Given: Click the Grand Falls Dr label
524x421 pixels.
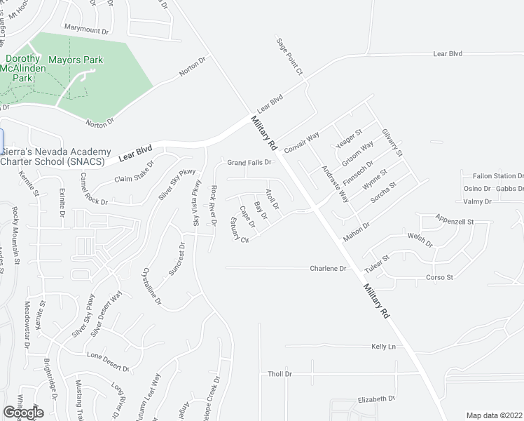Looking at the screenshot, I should coord(249,163).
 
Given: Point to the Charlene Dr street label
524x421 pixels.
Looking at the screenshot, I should coord(329,269).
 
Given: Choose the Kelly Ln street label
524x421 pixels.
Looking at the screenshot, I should coord(383,347).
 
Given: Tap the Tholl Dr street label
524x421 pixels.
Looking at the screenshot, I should coord(280,374).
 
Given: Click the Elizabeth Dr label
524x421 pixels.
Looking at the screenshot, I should coord(376,399).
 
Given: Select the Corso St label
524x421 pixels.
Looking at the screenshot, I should coord(440,277).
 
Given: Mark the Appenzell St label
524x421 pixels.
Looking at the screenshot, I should coord(455,220).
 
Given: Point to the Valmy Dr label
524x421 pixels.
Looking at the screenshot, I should coord(477,201).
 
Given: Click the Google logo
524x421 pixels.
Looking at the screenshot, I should coord(23,412).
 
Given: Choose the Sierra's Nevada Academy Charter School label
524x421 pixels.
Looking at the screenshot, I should coord(56,156).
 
